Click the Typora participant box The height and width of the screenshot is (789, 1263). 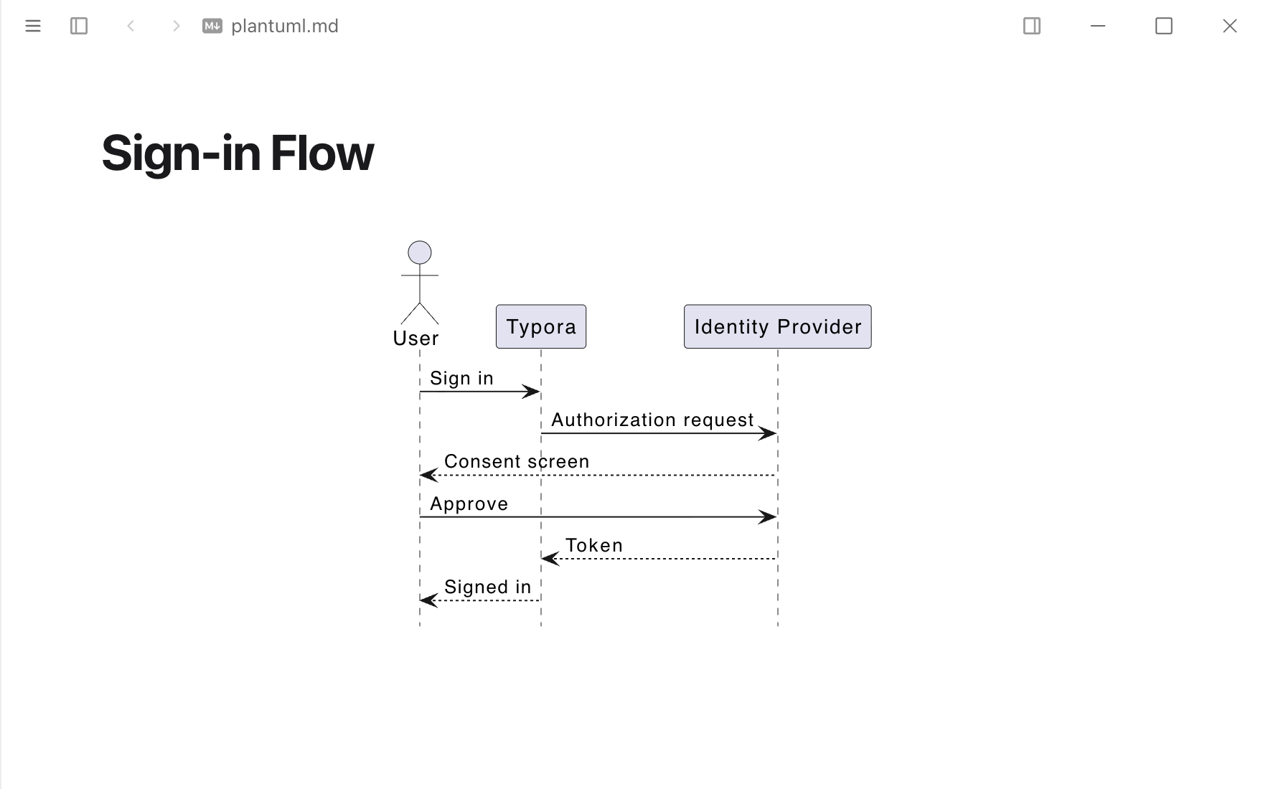pos(541,326)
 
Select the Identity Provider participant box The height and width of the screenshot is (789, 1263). pos(778,326)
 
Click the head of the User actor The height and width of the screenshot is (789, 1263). pos(420,252)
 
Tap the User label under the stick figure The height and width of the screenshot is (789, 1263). pos(416,338)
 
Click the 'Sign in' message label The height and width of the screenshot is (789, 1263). pos(461,378)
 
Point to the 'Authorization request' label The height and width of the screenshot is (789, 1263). pos(652,420)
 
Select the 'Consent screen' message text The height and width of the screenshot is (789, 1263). pos(517,461)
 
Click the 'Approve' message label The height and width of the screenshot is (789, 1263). pos(469,504)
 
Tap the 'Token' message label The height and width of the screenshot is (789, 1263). pos(594,545)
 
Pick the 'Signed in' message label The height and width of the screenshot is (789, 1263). pos(488,587)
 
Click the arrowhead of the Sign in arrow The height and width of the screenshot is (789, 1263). pos(532,392)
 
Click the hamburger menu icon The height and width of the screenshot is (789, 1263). pos(33,26)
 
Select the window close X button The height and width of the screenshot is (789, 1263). pos(1230,26)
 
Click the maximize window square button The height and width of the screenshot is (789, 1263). pos(1164,26)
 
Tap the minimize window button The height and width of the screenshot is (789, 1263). pos(1098,26)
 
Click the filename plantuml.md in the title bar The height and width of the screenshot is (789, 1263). pos(285,26)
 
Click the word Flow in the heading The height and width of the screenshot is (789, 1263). pos(322,153)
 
